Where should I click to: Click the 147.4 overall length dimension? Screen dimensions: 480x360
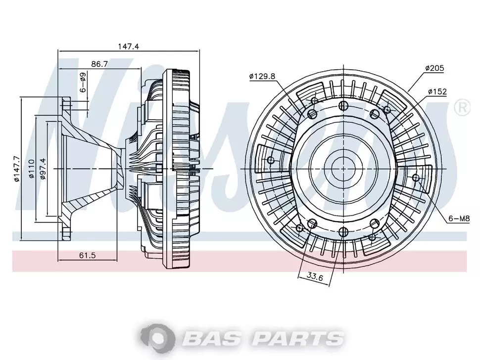click(x=129, y=46)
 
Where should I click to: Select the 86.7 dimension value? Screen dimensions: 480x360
click(x=99, y=64)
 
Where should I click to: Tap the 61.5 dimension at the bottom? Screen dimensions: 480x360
click(x=88, y=255)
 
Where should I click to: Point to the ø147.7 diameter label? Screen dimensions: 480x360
click(x=16, y=169)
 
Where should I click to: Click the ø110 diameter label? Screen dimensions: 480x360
click(x=31, y=169)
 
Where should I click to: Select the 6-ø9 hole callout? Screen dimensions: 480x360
click(x=83, y=83)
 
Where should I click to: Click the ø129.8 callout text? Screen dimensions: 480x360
click(x=262, y=76)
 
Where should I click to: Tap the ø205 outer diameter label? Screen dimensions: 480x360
click(x=434, y=68)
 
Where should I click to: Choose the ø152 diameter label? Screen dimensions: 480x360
click(x=437, y=91)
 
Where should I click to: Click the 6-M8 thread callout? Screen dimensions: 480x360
click(x=459, y=219)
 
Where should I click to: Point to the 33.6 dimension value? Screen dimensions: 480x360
click(x=315, y=277)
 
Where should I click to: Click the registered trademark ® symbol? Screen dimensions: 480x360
click(x=462, y=108)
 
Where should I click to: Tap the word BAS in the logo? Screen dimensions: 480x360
click(x=212, y=338)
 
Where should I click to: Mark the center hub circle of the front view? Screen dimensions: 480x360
click(x=343, y=169)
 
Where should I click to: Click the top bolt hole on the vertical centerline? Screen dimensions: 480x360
click(x=343, y=106)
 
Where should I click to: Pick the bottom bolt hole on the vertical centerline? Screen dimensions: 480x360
click(x=343, y=231)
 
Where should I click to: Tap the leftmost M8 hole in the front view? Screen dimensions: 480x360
click(x=270, y=160)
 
